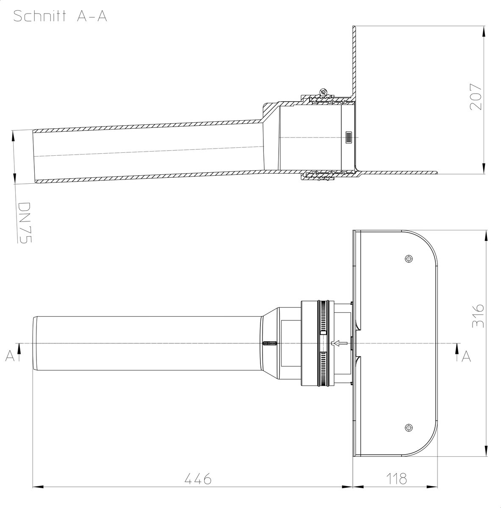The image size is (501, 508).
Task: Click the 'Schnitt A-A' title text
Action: point(60,16)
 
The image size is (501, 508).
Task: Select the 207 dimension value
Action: point(476,97)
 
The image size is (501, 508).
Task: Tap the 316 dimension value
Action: point(478,316)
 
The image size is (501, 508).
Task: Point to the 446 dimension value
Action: point(198,479)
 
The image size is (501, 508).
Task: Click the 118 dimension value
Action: point(396,479)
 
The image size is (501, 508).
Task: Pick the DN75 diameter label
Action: point(25,223)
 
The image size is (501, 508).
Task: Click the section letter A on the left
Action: point(10,356)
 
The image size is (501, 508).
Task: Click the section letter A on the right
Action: point(466,357)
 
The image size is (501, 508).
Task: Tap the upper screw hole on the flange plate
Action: point(409,259)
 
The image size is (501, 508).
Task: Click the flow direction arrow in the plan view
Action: point(340,343)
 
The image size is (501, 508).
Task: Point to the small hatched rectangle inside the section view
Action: point(348,137)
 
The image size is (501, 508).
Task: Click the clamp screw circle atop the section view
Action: point(323,92)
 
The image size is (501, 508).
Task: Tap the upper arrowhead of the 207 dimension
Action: point(484,32)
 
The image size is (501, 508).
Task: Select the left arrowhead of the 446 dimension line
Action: point(38,487)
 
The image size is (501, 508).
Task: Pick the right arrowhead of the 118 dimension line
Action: point(432,487)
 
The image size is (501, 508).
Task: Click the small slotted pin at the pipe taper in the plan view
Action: point(270,343)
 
